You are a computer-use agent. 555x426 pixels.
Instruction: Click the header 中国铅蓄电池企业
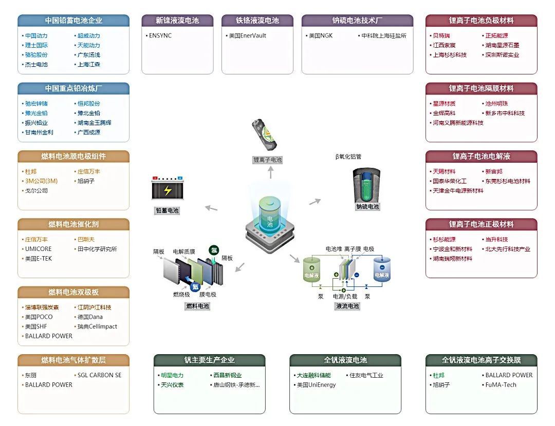click(x=73, y=21)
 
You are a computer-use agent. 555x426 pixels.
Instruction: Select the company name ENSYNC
click(x=159, y=36)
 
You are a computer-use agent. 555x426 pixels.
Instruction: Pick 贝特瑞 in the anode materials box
click(x=440, y=36)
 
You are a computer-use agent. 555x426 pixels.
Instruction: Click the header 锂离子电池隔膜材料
click(x=481, y=88)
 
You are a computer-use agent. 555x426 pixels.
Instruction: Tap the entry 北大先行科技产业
click(x=507, y=249)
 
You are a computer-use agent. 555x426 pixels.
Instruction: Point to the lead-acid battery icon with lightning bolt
click(x=168, y=189)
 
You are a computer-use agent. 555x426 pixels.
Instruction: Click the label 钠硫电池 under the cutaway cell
click(x=367, y=207)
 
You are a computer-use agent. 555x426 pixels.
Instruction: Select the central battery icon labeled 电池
click(x=270, y=218)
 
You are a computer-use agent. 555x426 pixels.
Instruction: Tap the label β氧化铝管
click(x=348, y=157)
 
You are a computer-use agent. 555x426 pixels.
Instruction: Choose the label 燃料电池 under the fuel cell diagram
click(x=197, y=306)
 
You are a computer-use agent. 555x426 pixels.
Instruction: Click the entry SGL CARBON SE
click(x=99, y=375)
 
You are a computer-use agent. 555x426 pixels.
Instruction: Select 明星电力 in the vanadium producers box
click(x=172, y=375)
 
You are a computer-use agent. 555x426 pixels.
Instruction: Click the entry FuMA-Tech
click(x=501, y=385)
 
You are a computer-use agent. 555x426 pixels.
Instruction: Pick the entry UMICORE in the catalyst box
click(x=38, y=249)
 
